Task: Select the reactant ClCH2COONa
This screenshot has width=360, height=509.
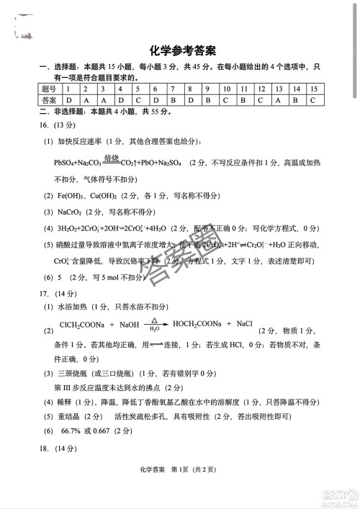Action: [x=84, y=325]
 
